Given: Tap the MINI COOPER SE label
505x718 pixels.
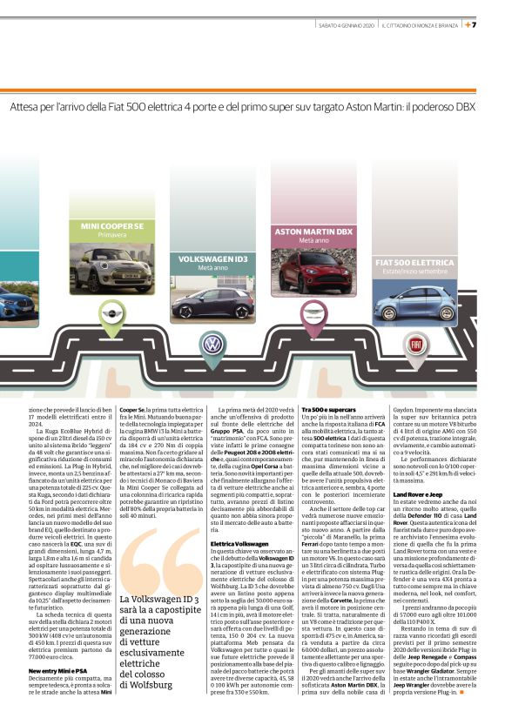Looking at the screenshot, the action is [111, 225].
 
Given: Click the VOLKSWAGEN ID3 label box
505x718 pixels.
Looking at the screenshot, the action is [213, 259].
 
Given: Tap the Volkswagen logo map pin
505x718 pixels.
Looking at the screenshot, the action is [213, 341].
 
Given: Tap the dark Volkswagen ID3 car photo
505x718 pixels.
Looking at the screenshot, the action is [212, 302].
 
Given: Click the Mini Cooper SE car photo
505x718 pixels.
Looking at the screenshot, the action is [111, 267].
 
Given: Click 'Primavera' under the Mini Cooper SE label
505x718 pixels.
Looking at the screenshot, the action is [111, 235].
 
